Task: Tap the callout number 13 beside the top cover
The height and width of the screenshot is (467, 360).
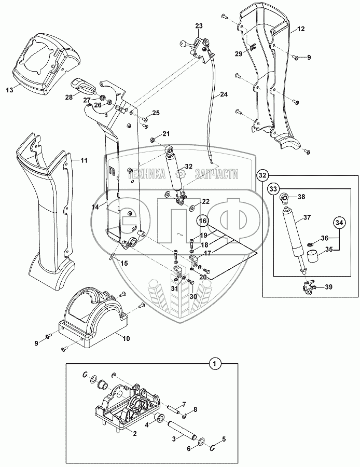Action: (9, 90)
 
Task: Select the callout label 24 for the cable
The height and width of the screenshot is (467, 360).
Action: (224, 94)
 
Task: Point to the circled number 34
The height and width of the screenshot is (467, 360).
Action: (339, 224)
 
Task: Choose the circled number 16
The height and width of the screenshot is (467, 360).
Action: (203, 221)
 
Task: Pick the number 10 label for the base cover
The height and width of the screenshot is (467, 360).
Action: (126, 338)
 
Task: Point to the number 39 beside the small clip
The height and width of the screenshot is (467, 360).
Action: (328, 287)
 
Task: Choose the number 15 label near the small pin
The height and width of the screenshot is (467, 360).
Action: (124, 264)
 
